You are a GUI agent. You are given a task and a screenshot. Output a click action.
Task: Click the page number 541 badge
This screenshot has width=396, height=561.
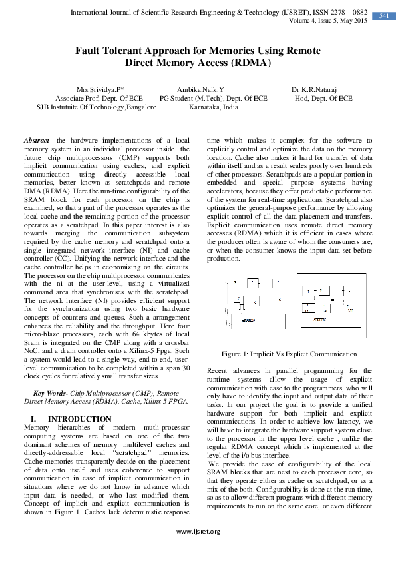point(383,15)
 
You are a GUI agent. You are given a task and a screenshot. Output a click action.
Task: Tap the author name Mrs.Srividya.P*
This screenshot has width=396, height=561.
point(104,89)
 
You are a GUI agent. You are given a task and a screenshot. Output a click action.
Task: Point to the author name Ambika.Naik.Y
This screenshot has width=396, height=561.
point(200,89)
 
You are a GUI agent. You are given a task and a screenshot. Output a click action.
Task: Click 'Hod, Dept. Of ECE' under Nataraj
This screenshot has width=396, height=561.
point(323,97)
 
